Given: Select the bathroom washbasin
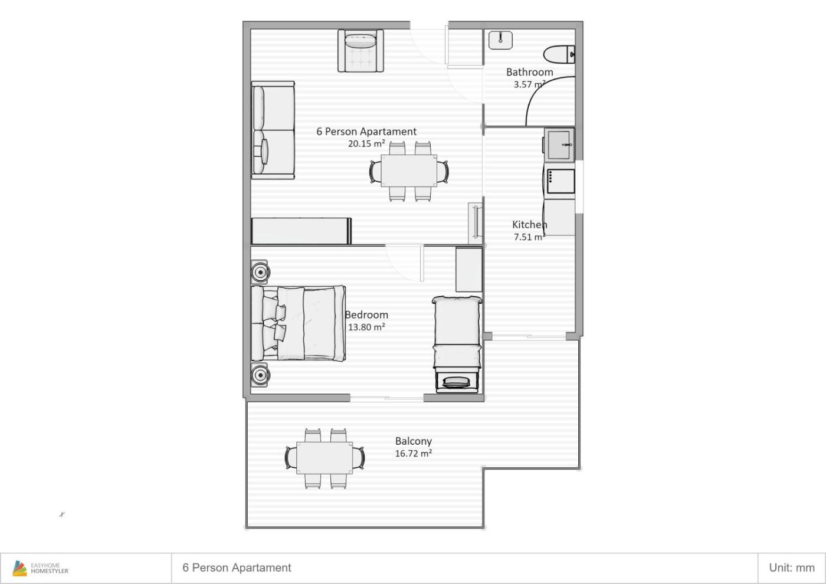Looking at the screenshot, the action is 500,40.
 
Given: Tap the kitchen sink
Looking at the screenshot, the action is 559,145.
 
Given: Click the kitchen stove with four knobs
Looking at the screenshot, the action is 560,182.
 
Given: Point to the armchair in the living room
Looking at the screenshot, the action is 360,51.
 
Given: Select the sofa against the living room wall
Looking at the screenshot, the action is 273,130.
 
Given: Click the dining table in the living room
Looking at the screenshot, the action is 409,171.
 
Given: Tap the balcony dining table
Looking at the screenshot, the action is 324,458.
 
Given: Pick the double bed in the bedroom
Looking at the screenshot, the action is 299,323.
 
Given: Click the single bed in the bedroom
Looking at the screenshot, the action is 457,344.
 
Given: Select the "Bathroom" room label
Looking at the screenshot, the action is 530,72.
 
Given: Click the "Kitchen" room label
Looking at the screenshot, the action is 530,225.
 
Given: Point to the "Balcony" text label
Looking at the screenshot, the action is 414,441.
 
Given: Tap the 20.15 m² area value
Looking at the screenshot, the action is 366,143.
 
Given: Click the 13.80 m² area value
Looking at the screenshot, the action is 366,327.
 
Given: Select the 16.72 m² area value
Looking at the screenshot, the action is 414,454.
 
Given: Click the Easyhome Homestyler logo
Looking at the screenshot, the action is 41,568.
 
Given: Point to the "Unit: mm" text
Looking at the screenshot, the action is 792,567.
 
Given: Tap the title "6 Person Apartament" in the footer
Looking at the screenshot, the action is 237,567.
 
